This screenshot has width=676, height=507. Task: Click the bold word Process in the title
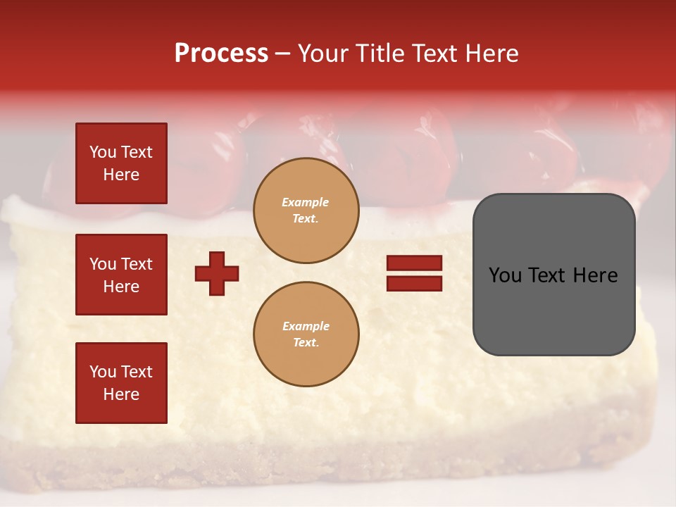point(221,54)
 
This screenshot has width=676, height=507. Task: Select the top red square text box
point(121,163)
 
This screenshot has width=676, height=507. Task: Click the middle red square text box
point(121,275)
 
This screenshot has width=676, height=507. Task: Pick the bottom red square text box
point(121,383)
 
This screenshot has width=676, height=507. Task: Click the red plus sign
point(217,273)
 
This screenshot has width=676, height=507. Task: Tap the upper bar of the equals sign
point(414,263)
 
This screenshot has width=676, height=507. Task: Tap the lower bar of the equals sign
point(414,283)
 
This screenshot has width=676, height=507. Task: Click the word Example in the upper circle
point(305,202)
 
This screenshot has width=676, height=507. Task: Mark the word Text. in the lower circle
point(306,342)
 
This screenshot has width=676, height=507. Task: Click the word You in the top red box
point(103,152)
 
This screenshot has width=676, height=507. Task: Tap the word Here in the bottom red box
point(121,394)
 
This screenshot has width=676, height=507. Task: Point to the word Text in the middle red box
point(137,264)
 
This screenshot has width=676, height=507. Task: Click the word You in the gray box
point(506,275)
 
